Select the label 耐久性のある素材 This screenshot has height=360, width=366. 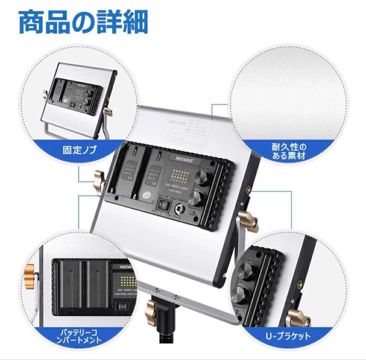(x=288, y=152)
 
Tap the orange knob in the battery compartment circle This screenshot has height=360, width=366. (x=31, y=272)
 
